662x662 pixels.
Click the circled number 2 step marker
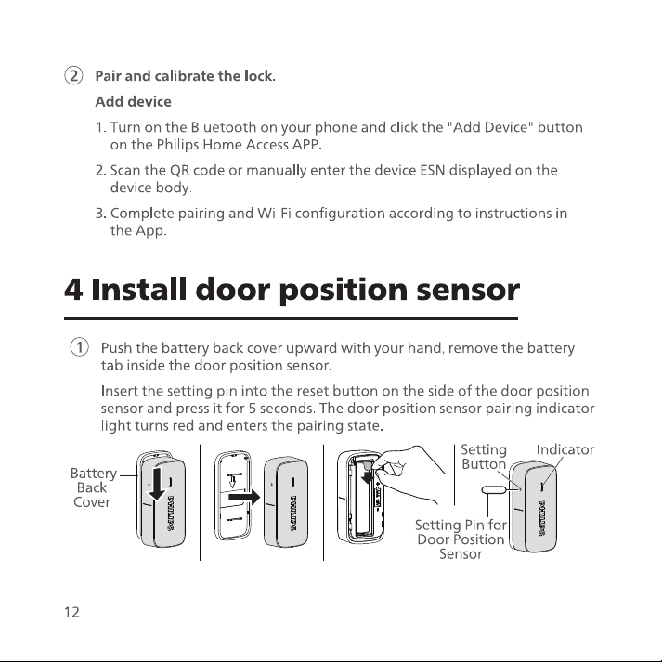(x=73, y=76)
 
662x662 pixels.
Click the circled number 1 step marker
(x=79, y=347)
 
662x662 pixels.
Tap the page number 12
(x=71, y=612)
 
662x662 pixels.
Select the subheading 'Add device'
(x=134, y=102)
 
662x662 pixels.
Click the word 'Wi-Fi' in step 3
(x=274, y=214)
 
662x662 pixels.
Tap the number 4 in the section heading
(x=73, y=290)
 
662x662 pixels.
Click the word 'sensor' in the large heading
(x=468, y=292)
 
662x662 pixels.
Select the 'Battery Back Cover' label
(x=93, y=487)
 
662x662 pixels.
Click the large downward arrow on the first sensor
(x=157, y=484)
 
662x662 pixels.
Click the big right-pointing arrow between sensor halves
(x=244, y=497)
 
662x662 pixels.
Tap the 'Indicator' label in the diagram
(x=565, y=449)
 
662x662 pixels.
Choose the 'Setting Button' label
(x=484, y=457)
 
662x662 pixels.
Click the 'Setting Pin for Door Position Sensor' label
(x=461, y=539)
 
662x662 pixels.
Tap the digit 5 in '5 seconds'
(x=253, y=409)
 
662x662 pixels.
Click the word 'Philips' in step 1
(x=177, y=145)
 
